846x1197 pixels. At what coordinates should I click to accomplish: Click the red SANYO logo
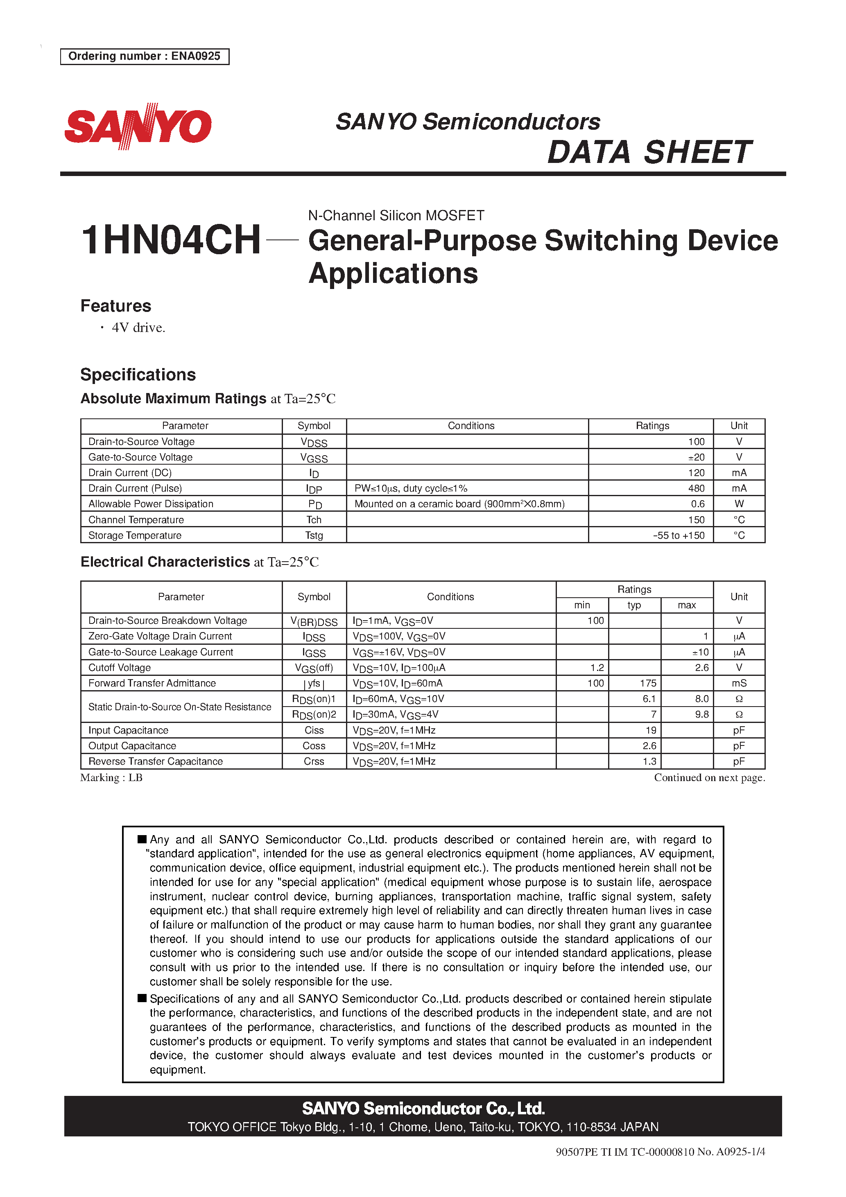point(138,126)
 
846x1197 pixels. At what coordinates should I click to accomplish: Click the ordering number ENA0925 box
point(145,56)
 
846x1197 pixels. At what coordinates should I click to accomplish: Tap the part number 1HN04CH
point(171,240)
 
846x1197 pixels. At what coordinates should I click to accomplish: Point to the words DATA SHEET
point(649,152)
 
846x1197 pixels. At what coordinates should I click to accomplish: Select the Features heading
point(116,306)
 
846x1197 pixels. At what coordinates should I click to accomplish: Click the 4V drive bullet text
point(138,327)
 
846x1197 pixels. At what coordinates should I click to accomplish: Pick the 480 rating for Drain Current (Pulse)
point(696,488)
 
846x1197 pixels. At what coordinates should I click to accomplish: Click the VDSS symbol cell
point(314,442)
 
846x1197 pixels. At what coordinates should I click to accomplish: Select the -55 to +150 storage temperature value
point(678,535)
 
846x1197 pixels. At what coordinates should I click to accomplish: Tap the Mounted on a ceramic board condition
point(459,504)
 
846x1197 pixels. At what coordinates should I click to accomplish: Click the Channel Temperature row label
point(136,520)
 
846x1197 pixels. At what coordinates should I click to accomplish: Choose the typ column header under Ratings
point(634,605)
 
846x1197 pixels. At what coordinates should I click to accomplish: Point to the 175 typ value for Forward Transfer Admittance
point(648,684)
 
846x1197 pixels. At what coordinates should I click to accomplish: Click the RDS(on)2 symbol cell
point(314,715)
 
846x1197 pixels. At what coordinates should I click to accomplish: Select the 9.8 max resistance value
point(701,715)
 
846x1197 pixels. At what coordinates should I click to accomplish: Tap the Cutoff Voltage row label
point(120,668)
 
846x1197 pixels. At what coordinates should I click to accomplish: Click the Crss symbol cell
point(314,762)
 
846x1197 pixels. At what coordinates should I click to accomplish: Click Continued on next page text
point(709,778)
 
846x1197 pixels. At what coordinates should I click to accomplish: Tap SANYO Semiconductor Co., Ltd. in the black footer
point(423,1109)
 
